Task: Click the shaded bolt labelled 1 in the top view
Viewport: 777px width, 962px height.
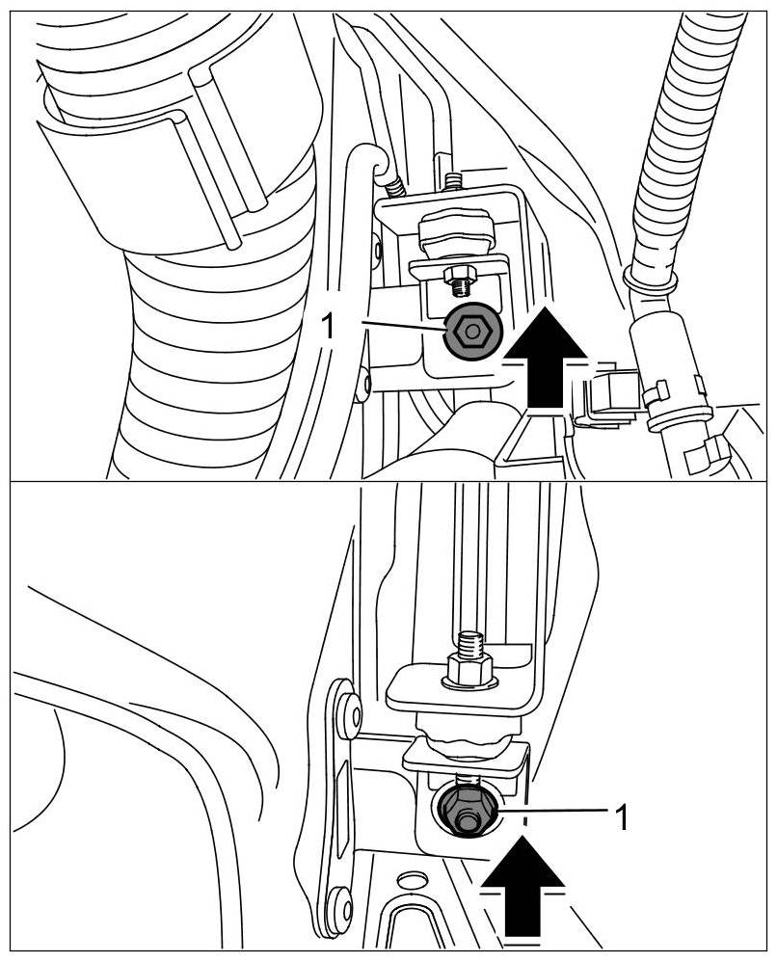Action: (470, 332)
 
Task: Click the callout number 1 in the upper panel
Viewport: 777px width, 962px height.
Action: (328, 326)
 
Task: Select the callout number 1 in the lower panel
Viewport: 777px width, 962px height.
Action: (623, 818)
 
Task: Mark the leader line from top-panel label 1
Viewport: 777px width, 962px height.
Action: (395, 329)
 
